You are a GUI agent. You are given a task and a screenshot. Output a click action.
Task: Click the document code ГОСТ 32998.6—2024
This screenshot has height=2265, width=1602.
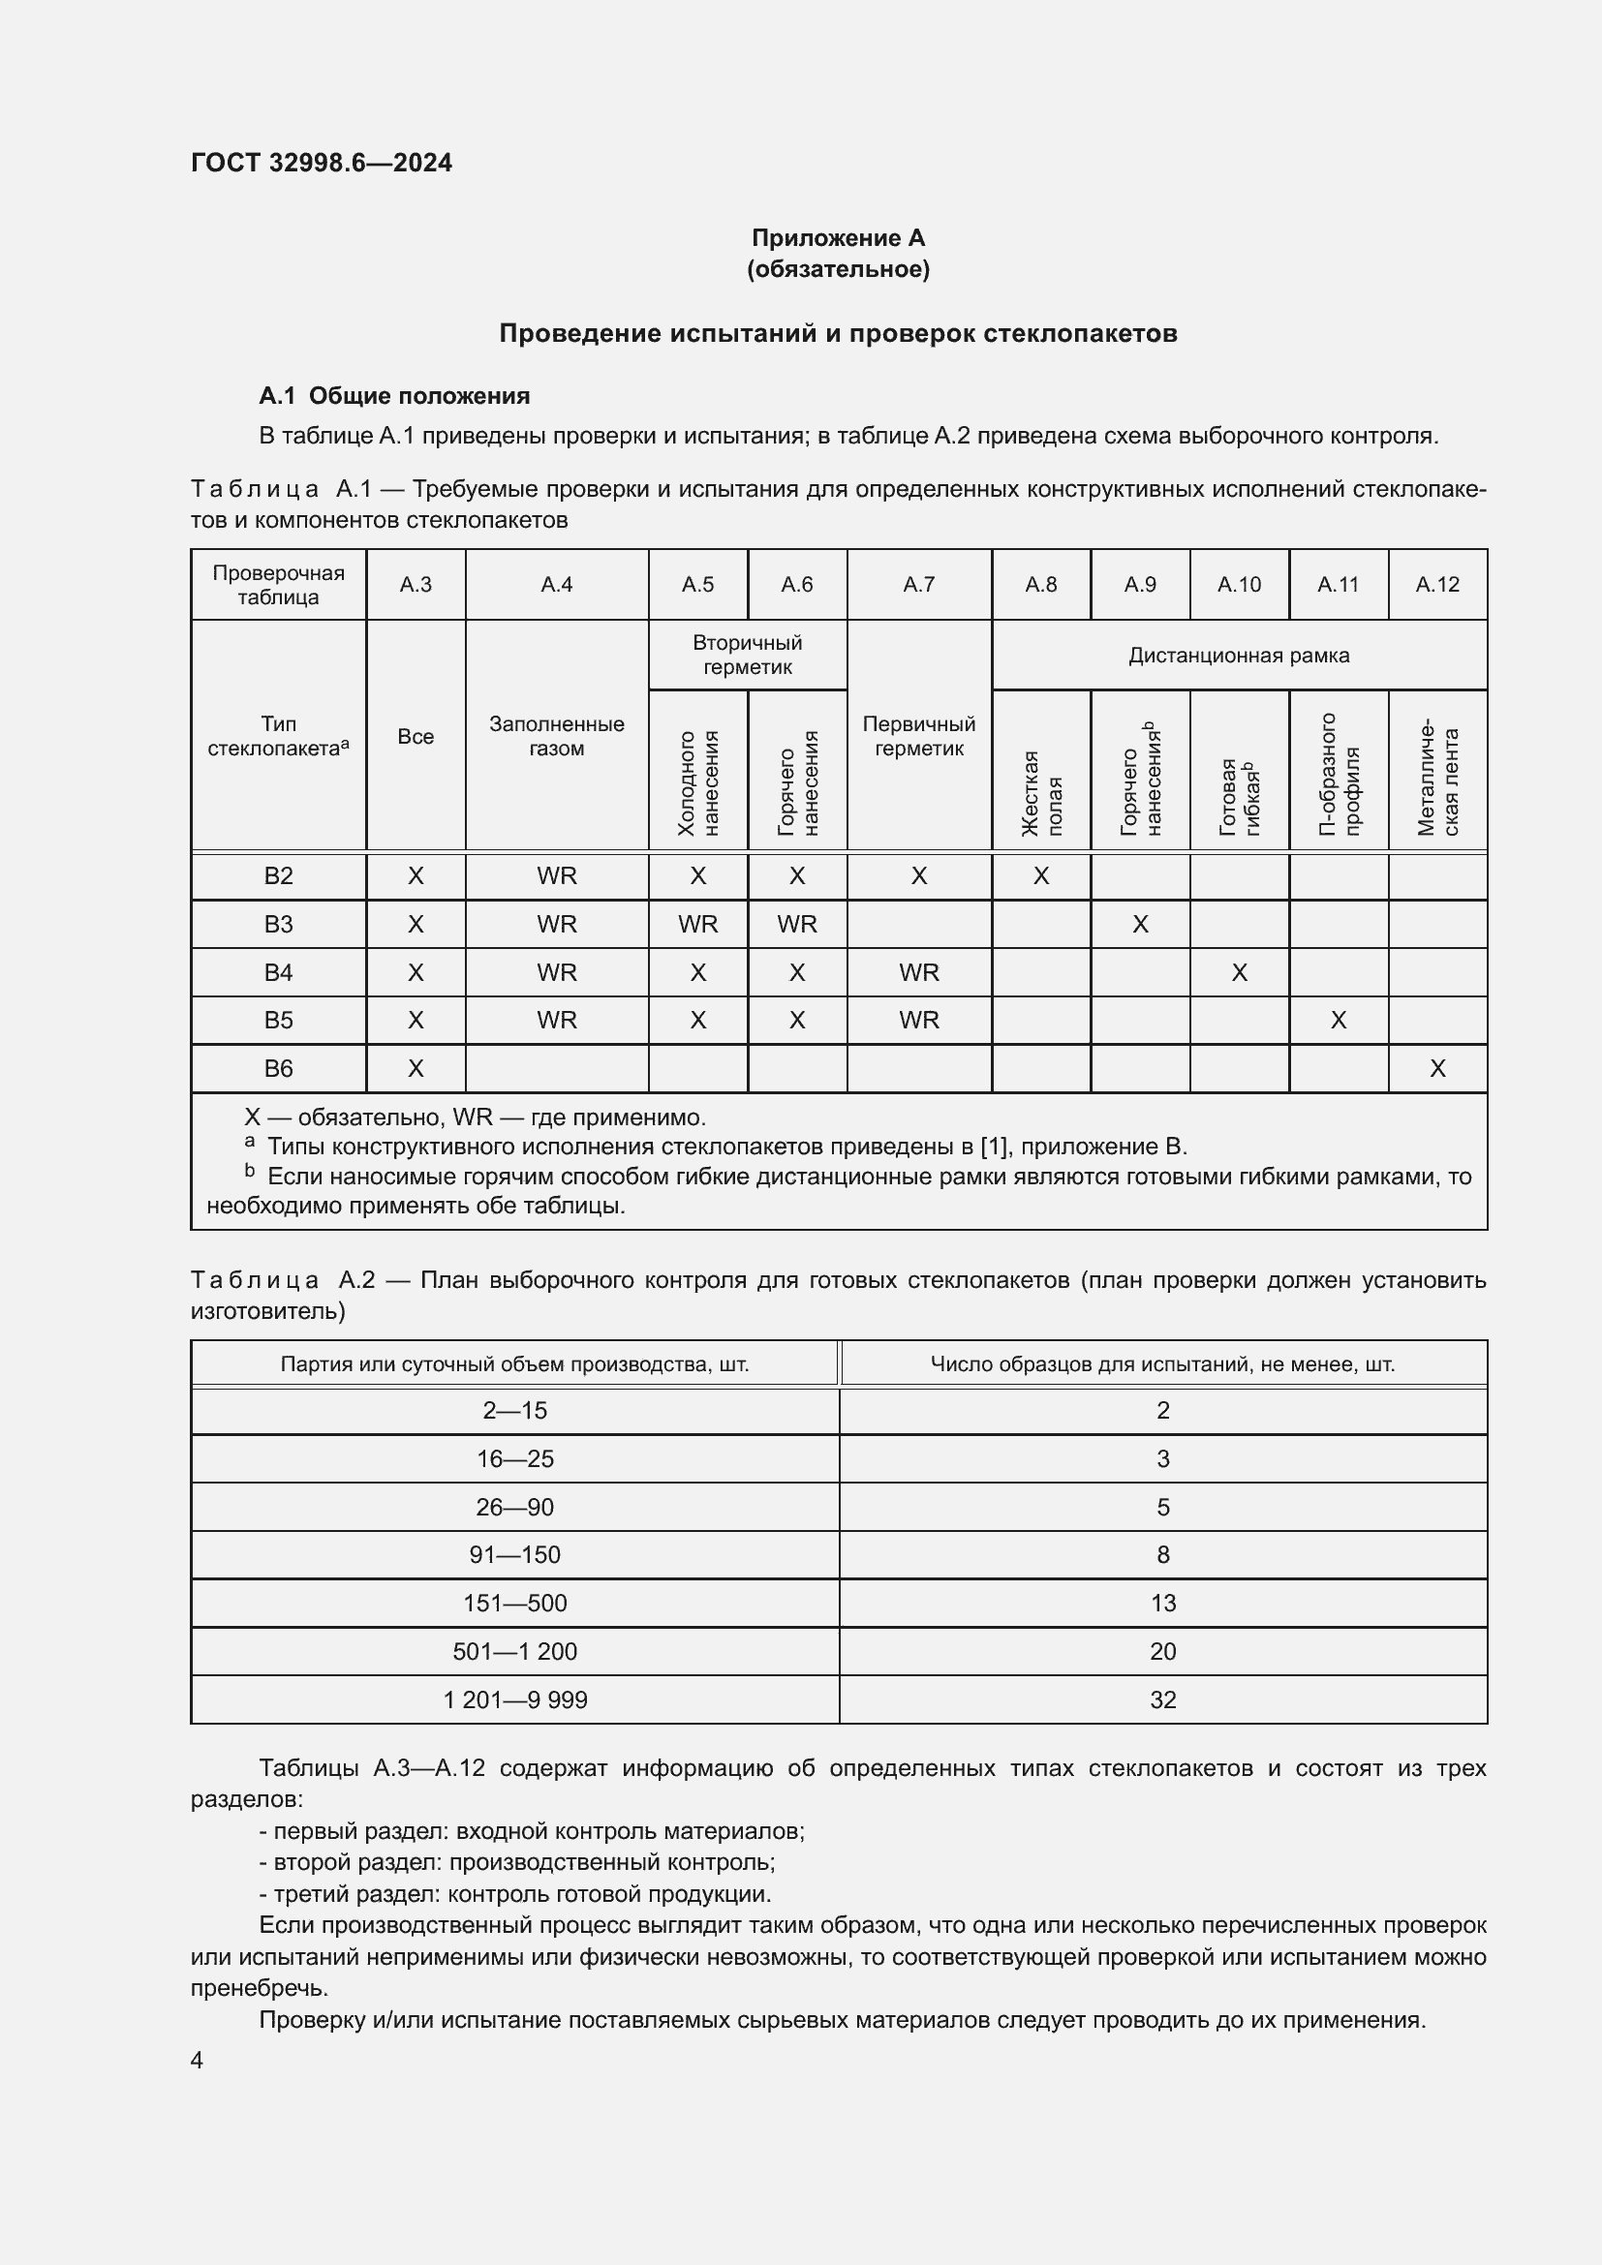(321, 163)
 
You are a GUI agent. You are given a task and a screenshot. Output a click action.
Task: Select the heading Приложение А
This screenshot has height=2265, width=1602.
(838, 238)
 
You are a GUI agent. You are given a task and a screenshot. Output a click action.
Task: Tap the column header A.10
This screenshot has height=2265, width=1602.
(1238, 584)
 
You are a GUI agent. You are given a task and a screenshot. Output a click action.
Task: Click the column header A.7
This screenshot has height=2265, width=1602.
(918, 584)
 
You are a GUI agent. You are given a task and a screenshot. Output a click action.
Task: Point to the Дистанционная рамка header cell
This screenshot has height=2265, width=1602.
(1238, 655)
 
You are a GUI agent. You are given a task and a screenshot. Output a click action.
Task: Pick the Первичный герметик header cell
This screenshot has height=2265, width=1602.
(918, 736)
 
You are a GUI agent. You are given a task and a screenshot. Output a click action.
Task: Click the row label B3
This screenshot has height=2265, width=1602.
(278, 925)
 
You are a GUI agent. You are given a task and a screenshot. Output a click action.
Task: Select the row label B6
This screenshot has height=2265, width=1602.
(278, 1068)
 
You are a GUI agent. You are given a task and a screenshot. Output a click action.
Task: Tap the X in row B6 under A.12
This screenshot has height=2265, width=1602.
(1437, 1068)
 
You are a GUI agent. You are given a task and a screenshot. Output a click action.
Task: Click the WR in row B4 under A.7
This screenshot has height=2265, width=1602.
(918, 972)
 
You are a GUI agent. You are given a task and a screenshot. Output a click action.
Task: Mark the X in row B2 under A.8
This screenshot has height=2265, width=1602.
(1040, 876)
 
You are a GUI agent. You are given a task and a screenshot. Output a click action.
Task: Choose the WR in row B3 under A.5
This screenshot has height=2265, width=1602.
(697, 925)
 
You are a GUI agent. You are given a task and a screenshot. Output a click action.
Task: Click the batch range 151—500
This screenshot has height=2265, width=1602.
(515, 1603)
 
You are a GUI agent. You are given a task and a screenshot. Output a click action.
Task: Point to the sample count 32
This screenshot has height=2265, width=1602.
(1163, 1699)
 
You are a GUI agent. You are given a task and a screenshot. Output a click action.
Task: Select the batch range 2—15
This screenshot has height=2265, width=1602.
(515, 1411)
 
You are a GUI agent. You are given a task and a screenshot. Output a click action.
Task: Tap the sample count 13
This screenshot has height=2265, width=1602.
(1163, 1603)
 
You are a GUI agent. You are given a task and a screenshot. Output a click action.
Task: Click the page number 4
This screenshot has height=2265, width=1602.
(198, 2060)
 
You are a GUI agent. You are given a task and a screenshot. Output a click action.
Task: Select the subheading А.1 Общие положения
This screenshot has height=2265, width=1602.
(393, 396)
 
